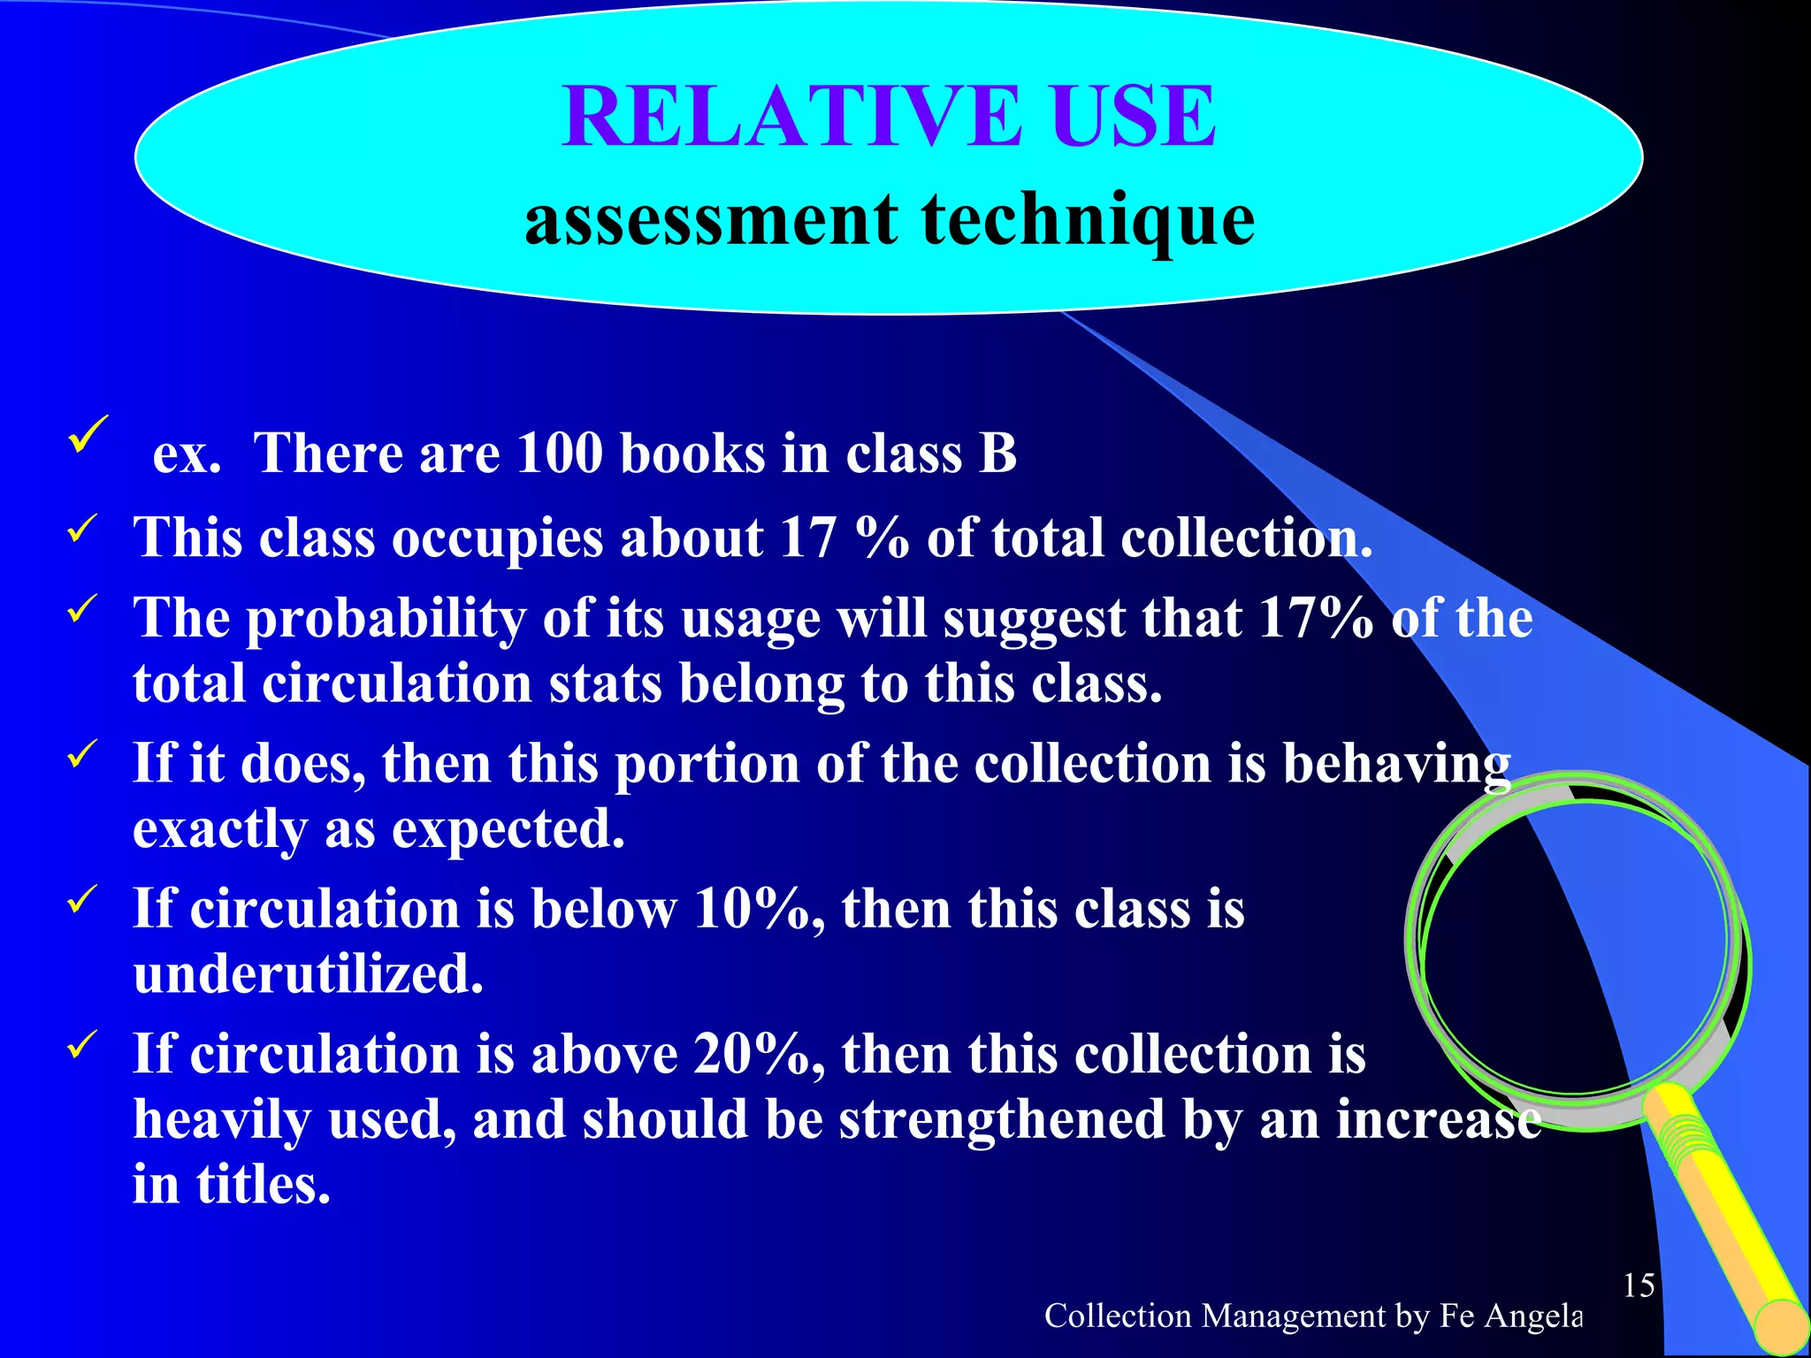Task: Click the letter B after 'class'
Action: click(x=997, y=454)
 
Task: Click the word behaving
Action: click(x=1396, y=765)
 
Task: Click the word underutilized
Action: click(x=309, y=975)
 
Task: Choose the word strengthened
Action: click(x=1002, y=1120)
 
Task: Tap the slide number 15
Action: click(x=1639, y=1286)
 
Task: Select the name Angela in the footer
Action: click(x=1533, y=1316)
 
